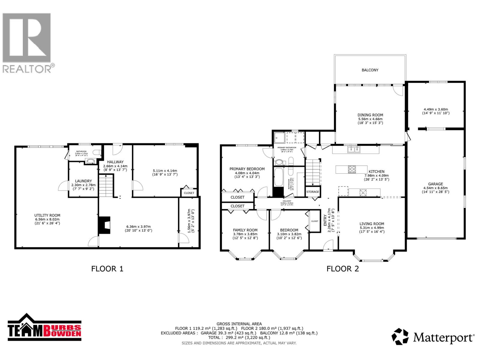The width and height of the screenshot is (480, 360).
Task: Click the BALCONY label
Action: (370, 70)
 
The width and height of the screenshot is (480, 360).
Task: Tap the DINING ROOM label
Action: (370, 115)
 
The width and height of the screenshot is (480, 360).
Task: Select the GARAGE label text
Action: (435, 184)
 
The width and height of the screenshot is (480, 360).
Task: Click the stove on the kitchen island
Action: (352, 169)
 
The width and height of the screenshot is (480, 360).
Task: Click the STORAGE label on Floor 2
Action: (313, 192)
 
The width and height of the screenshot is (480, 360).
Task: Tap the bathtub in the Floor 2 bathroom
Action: (278, 177)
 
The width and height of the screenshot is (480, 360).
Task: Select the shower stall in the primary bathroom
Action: (279, 138)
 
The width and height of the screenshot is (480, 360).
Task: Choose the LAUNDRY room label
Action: (83, 181)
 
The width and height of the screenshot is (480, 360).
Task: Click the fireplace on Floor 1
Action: (104, 225)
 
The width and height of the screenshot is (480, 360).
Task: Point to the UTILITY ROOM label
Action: (47, 215)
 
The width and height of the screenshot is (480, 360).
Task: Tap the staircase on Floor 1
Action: (106, 186)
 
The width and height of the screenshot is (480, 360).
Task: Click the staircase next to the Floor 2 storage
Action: (313, 172)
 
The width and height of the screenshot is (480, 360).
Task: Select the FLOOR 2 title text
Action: (343, 268)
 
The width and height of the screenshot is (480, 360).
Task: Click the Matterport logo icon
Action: (400, 337)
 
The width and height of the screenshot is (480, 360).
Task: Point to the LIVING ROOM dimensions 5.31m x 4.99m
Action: (372, 228)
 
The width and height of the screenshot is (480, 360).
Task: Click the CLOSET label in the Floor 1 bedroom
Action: (189, 193)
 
